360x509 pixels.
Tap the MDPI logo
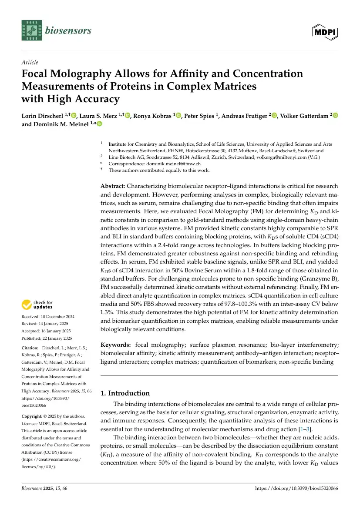[x=325, y=31]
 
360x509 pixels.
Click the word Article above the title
[x=30, y=63]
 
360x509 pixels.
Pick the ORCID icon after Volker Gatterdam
[x=335, y=115]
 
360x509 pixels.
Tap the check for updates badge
[x=37, y=305]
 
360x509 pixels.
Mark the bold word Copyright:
[x=33, y=417]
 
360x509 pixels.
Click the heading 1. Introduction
[x=125, y=393]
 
